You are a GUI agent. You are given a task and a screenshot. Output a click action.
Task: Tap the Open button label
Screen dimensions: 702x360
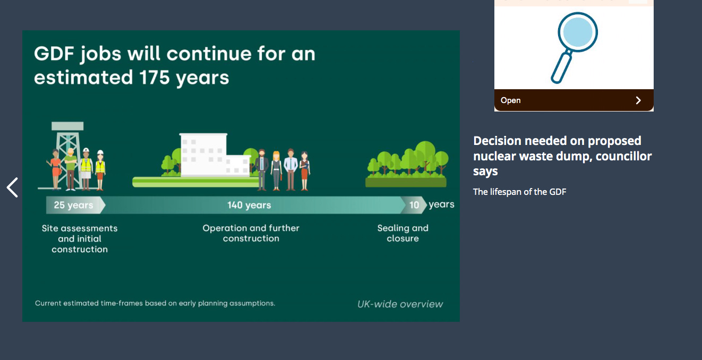(x=510, y=100)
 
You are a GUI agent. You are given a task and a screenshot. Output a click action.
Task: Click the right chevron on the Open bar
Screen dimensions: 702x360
(x=638, y=100)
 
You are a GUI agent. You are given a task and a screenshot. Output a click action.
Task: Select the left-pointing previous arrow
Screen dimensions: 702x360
(x=12, y=187)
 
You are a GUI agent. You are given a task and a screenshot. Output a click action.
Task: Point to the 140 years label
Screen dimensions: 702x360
(x=249, y=205)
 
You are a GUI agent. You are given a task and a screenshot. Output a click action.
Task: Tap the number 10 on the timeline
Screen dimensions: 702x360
(x=414, y=205)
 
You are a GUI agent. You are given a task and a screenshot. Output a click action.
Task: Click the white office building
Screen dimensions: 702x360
(x=215, y=155)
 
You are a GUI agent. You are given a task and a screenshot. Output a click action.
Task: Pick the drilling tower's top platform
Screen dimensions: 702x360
(x=67, y=126)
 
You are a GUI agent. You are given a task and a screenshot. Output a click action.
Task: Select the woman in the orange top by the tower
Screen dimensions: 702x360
(x=55, y=169)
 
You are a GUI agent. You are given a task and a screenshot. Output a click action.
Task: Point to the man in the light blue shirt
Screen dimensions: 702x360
(x=290, y=169)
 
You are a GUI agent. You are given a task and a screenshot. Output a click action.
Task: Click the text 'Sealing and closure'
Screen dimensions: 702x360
(x=403, y=233)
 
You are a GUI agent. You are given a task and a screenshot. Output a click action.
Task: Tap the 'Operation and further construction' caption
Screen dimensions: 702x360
(x=251, y=233)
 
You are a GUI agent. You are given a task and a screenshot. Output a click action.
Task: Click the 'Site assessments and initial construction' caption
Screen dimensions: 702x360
(x=80, y=239)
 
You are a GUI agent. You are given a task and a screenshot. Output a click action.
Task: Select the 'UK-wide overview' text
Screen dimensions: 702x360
(x=400, y=304)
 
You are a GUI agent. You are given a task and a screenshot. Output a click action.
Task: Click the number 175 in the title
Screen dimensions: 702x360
(x=155, y=78)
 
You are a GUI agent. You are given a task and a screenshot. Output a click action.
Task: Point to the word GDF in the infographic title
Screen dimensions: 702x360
(x=54, y=54)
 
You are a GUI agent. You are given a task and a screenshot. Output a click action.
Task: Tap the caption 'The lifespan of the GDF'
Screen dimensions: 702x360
(x=520, y=192)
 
